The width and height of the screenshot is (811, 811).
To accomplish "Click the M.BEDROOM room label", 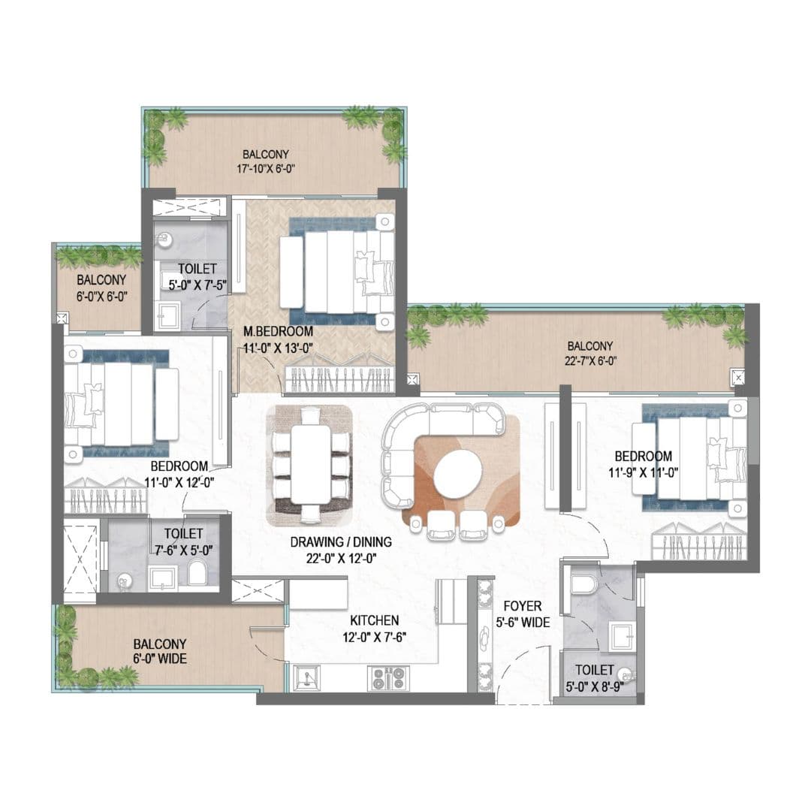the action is click(x=279, y=332).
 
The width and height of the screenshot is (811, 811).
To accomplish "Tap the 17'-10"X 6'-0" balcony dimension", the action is click(x=266, y=169).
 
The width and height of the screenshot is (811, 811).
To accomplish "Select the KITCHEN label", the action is click(x=375, y=620).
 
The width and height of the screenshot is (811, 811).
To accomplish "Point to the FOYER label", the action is click(x=523, y=606).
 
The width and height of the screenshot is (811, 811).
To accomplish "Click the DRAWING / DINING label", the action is click(x=341, y=542).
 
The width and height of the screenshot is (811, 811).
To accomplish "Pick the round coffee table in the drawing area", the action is click(x=458, y=474).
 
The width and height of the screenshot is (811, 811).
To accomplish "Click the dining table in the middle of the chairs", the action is click(x=310, y=464).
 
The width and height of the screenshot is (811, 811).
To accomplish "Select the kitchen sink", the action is click(x=306, y=678).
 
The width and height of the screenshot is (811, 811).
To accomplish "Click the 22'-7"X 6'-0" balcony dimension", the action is click(x=590, y=361).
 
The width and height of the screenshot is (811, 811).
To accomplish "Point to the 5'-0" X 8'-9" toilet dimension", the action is click(x=594, y=686).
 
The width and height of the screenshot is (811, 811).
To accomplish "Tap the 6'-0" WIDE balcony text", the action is click(x=160, y=659).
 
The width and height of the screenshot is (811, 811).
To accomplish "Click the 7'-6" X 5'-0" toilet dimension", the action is click(x=183, y=550).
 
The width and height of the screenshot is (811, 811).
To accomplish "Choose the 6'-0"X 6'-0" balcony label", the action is click(x=101, y=297).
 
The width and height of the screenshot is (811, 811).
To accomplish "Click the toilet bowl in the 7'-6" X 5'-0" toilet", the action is click(x=197, y=574).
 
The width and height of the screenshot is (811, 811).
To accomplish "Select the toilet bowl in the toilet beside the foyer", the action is click(x=584, y=584).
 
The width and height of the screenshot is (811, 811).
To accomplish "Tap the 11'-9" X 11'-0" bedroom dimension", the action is click(x=644, y=473).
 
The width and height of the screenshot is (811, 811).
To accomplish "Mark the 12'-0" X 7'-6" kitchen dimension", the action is click(x=375, y=637).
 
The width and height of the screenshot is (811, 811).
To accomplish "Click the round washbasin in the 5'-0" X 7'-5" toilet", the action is click(x=163, y=239).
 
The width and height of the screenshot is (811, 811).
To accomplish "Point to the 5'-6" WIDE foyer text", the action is click(x=523, y=623).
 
